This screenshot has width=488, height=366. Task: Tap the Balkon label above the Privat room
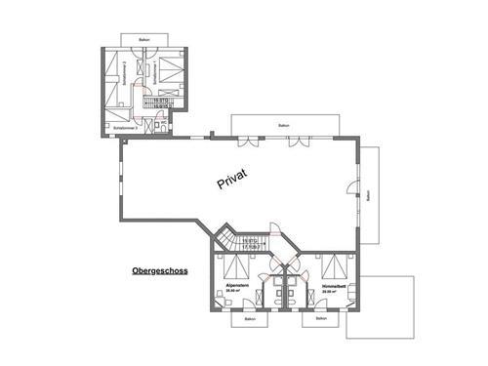pyautogui.click(x=283, y=125)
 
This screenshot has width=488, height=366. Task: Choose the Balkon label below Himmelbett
pyautogui.click(x=319, y=318)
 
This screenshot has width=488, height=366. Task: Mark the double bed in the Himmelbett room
pyautogui.click(x=334, y=266)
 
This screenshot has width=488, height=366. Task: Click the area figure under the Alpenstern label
pyautogui.click(x=234, y=291)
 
